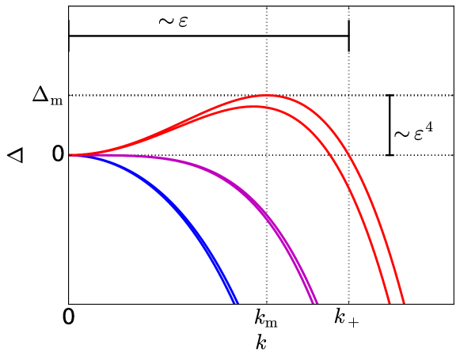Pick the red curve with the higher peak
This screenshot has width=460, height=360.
pyautogui.click(x=317, y=110)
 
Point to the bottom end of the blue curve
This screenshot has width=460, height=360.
pyautogui.click(x=235, y=302)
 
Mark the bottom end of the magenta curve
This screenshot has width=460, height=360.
pyautogui.click(x=315, y=302)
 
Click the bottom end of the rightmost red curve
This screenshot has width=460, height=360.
pyautogui.click(x=404, y=302)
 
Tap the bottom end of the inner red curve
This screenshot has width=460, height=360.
pyautogui.click(x=389, y=302)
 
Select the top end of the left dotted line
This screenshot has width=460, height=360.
pyautogui.click(x=267, y=9)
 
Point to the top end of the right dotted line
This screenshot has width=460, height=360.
pyautogui.click(x=348, y=9)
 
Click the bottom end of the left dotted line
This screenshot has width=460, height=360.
pyautogui.click(x=267, y=301)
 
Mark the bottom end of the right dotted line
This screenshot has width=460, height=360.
pyautogui.click(x=348, y=301)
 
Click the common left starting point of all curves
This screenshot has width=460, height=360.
pyautogui.click(x=71, y=155)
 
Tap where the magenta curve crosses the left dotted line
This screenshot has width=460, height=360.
pyautogui.click(x=267, y=215)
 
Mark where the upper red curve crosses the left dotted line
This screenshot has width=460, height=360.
pyautogui.click(x=267, y=96)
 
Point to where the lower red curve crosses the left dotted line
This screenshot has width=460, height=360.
pyautogui.click(x=267, y=107)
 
